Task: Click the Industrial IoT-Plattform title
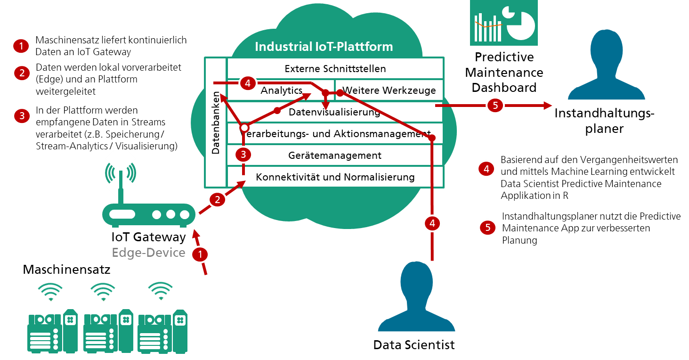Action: pos(324,47)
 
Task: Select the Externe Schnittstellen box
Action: pos(335,69)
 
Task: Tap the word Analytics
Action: pos(282,90)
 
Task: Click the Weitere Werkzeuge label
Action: pos(389,90)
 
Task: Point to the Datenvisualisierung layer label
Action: pos(334,112)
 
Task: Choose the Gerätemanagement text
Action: pos(335,155)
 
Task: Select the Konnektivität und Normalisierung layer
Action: pos(335,177)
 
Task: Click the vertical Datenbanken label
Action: pos(216,123)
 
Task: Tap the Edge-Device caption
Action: pos(148,253)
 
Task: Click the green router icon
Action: pos(149,214)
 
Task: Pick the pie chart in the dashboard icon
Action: pos(519,23)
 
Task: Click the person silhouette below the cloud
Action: pos(416,297)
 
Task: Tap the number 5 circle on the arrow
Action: pos(495,106)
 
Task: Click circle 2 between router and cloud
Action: pos(217,200)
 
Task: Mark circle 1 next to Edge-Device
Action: pos(200,255)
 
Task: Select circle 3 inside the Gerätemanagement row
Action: pos(243,154)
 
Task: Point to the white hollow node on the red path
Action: pos(244,128)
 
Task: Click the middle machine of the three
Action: pos(108,330)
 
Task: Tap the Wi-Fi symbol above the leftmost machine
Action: pos(50,291)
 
